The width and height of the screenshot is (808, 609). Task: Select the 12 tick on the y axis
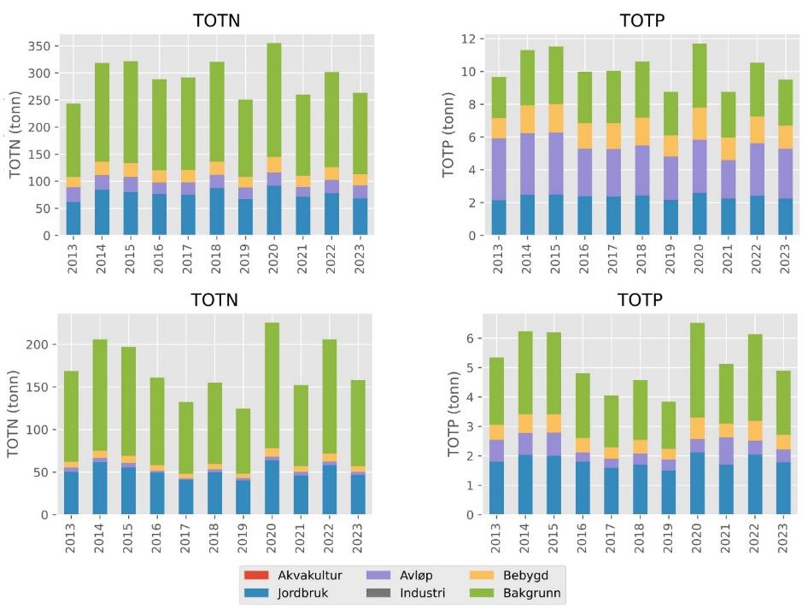tap(468, 39)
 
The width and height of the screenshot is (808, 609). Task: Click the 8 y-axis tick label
tap(471, 104)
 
